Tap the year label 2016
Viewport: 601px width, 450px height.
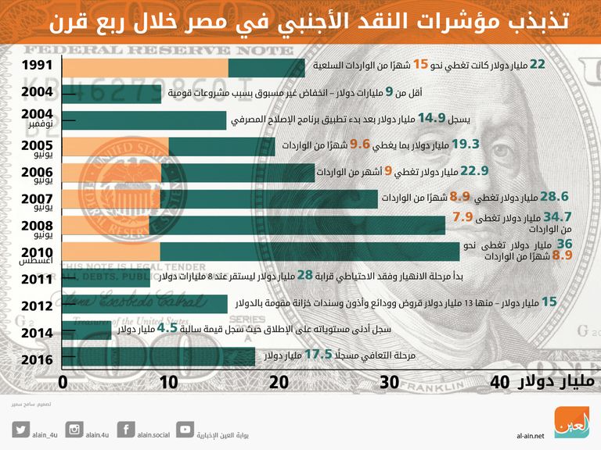(x=38, y=359)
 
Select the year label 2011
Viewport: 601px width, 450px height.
(x=38, y=280)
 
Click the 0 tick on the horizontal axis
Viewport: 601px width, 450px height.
(x=63, y=382)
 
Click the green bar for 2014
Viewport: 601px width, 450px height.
(x=86, y=330)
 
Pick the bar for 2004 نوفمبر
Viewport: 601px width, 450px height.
(x=144, y=120)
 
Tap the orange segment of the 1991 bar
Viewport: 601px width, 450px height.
(x=144, y=68)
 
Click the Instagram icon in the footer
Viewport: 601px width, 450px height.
(x=74, y=428)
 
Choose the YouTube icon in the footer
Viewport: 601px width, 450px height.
(x=185, y=428)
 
